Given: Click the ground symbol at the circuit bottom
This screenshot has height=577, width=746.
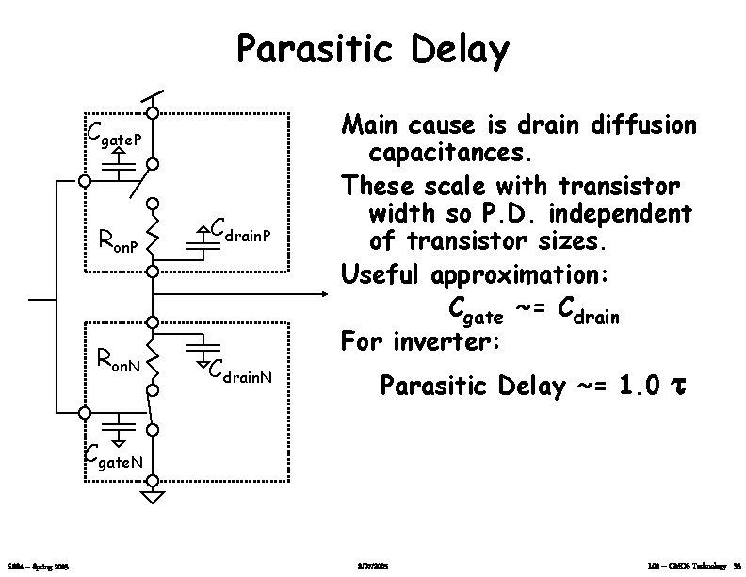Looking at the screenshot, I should click(x=152, y=496).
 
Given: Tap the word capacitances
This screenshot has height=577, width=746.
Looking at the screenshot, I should click(x=451, y=151).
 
